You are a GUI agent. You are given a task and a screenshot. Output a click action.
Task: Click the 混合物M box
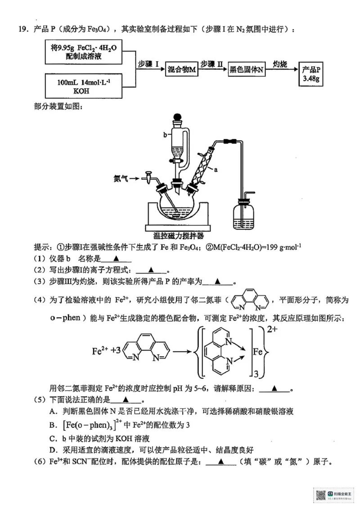pyautogui.click(x=181, y=70)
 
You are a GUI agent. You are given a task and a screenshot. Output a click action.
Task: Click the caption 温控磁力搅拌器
pyautogui.click(x=178, y=236)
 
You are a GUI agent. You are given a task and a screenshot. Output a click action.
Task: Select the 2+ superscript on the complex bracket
pyautogui.click(x=272, y=330)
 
